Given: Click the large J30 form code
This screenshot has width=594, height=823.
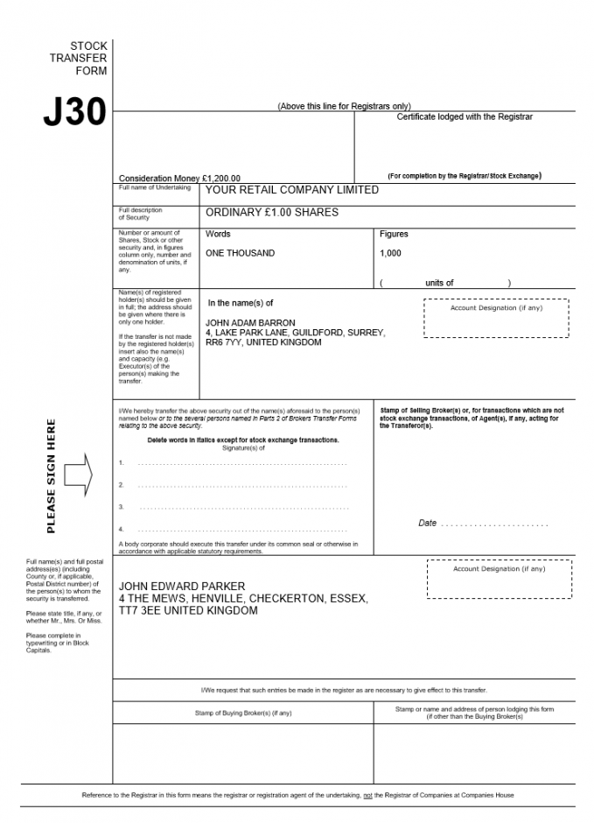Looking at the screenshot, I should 74,112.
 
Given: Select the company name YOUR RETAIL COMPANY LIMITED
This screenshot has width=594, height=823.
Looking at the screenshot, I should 291,190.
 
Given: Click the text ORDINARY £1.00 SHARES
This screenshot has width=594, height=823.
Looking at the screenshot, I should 271,213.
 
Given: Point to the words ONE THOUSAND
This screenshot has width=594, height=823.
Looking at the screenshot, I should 240,253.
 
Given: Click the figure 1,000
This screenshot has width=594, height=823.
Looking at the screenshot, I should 390,253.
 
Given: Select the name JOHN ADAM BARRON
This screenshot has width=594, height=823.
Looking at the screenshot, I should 250,323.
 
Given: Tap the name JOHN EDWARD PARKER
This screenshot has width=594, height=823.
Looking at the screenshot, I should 182,587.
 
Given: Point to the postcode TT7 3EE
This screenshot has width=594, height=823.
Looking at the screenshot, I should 136,611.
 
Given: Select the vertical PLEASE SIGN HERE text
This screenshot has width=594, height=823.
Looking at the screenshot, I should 51,476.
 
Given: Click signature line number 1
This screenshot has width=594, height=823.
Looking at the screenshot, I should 241,462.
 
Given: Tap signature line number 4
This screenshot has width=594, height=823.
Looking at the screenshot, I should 241,530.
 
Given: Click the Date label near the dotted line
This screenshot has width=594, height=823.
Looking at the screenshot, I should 427,524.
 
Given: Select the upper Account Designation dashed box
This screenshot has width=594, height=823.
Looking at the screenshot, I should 496,317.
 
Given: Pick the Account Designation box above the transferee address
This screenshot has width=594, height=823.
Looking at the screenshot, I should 499,579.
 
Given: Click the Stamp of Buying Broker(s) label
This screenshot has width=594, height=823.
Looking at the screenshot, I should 243,713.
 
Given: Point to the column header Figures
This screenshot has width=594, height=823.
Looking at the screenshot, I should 394,235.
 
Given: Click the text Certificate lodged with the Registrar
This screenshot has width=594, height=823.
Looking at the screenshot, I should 465,116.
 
